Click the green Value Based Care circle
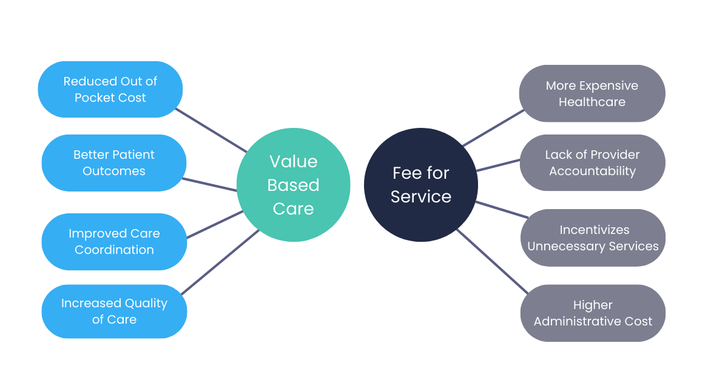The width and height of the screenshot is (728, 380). (x=293, y=185)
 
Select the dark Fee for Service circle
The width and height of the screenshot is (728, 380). (x=420, y=185)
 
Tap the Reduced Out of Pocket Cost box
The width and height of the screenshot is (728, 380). (x=110, y=89)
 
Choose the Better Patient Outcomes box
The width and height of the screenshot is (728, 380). (x=113, y=162)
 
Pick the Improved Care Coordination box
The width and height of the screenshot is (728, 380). (x=113, y=241)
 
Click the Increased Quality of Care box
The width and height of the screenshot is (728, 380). (x=113, y=311)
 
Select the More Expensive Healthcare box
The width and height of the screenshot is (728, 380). (x=591, y=93)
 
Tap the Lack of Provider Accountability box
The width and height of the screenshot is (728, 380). (x=592, y=162)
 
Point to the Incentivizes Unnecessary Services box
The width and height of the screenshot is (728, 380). (x=593, y=238)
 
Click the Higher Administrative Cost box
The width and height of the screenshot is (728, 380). (x=593, y=313)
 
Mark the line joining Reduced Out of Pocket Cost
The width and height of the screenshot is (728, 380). (x=211, y=130)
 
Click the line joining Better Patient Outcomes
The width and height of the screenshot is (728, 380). (x=210, y=185)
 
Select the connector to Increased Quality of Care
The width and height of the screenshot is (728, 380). (x=220, y=262)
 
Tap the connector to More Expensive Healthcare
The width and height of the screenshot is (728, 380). (x=493, y=128)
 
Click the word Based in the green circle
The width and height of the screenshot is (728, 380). (x=293, y=185)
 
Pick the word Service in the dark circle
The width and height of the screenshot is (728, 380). (x=420, y=197)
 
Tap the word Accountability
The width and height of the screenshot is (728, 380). (x=592, y=171)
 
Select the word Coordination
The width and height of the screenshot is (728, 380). (x=114, y=250)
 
